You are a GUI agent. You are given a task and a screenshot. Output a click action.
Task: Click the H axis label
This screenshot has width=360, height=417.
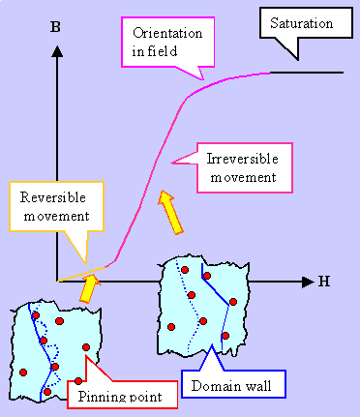[323, 282]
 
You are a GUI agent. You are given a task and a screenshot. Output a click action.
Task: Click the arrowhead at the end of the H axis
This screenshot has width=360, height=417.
[308, 282]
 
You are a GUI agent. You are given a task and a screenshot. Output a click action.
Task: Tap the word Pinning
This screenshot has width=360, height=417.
[95, 395]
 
